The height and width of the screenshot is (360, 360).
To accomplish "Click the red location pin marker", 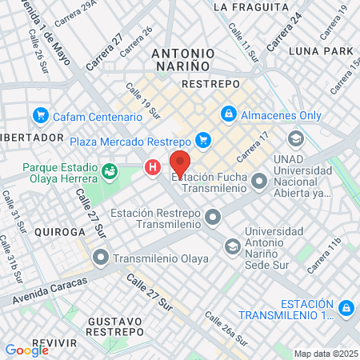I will [x=180, y=163].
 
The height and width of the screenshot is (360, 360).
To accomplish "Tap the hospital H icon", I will [x=151, y=167].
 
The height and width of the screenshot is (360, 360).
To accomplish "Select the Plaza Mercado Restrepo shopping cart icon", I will [x=202, y=140].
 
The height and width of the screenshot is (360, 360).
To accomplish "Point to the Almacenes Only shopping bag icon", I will [x=229, y=115].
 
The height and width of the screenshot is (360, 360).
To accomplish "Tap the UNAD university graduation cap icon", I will [x=296, y=138].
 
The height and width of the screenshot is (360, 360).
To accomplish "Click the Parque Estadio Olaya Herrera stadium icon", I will [x=109, y=170].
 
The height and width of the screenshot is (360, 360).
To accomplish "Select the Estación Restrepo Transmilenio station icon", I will [x=212, y=216].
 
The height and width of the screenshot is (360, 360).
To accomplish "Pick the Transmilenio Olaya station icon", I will [x=100, y=258].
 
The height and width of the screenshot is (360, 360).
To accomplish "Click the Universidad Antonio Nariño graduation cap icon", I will [x=232, y=245].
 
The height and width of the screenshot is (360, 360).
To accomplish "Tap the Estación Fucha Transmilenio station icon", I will [x=258, y=182].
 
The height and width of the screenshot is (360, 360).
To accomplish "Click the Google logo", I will [x=26, y=350].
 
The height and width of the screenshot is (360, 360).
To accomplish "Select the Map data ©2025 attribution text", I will [x=324, y=354].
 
